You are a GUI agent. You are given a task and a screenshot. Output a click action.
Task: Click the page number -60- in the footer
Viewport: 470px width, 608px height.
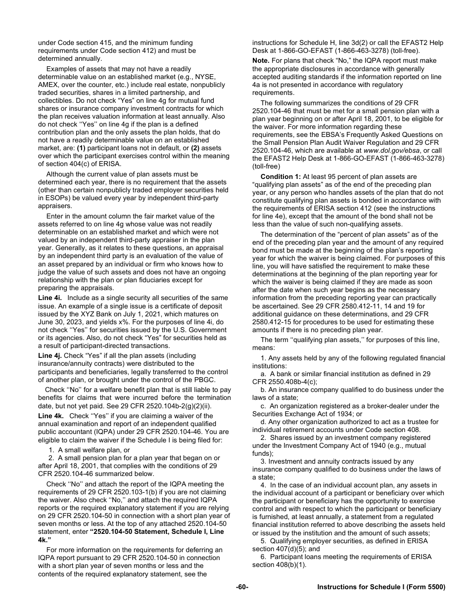pyautogui.click(x=242, y=587)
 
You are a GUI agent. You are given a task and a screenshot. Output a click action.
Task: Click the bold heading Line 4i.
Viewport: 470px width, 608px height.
pyautogui.click(x=50, y=298)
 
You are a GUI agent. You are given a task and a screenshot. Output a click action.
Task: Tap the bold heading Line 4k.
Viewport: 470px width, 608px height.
pyautogui.click(x=50, y=416)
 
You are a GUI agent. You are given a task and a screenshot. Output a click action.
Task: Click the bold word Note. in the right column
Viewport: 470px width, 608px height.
pyautogui.click(x=261, y=61)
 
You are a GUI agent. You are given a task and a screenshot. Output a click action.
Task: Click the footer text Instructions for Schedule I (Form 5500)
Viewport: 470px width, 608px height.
pyautogui.click(x=381, y=587)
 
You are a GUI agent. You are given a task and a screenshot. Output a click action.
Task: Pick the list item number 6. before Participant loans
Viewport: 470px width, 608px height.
pyautogui.click(x=263, y=557)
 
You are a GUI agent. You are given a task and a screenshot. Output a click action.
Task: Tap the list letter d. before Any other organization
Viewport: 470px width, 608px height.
pyautogui.click(x=264, y=422)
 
